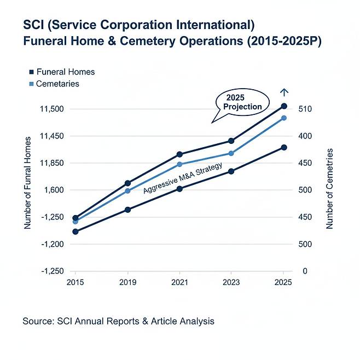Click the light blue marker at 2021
coord(179,164)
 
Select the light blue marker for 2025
coord(284,118)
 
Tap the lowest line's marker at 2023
coord(231,171)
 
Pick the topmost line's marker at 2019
coord(127,183)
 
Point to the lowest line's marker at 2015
coord(76,231)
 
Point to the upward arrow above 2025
coord(283,92)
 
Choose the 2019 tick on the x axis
coord(127,282)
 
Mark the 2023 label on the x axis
coord(231,282)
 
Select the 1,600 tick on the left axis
coord(55,190)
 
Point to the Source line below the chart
coord(118,321)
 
